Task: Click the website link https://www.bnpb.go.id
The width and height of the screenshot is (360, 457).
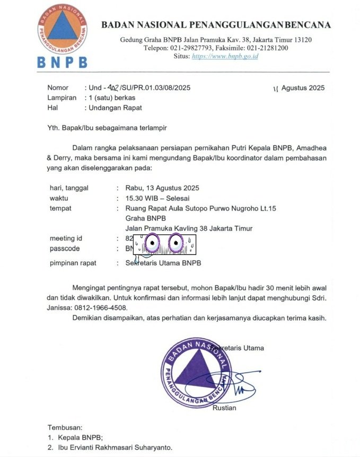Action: click(x=225, y=56)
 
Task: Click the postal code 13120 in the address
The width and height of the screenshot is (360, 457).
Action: click(x=301, y=40)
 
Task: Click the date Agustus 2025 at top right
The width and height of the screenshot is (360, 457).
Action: click(x=303, y=88)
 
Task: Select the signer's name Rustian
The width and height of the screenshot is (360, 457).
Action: click(x=224, y=408)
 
